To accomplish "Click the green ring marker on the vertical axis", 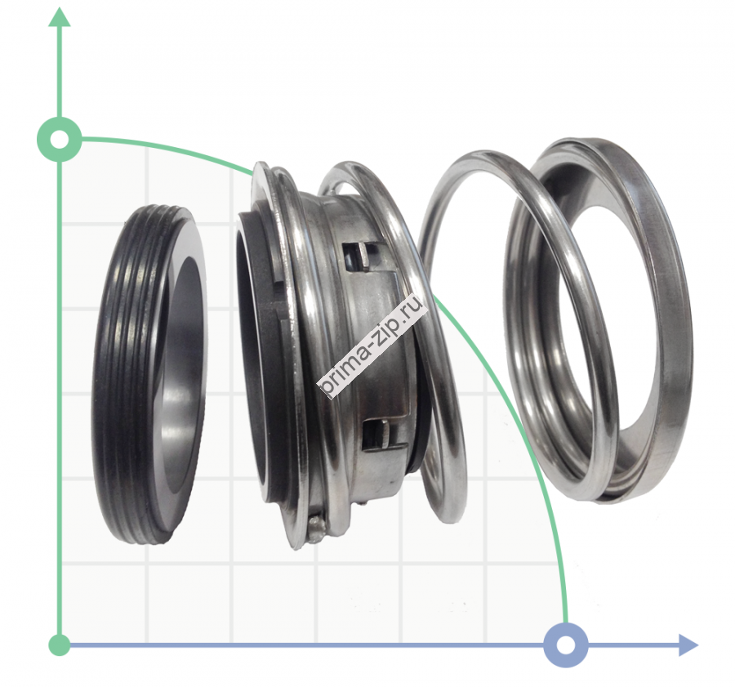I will point(59,139).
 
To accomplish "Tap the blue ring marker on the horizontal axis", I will point(565,645).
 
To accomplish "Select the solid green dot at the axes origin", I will point(59,645).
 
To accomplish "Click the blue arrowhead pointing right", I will point(688,645).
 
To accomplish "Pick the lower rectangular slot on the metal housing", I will point(377,433).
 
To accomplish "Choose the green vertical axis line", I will point(59,392).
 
